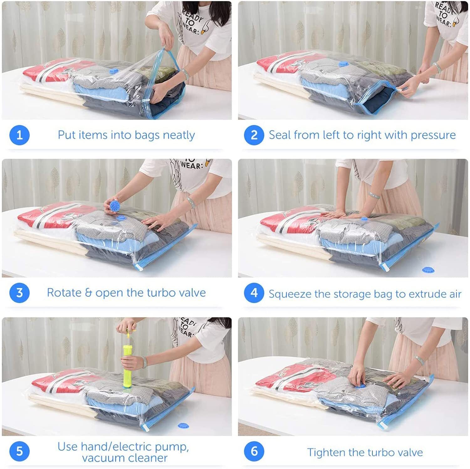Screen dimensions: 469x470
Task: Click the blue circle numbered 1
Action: pyautogui.click(x=19, y=135)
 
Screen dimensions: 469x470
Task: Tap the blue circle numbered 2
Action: pyautogui.click(x=254, y=135)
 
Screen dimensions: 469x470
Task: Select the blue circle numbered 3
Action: pyautogui.click(x=19, y=293)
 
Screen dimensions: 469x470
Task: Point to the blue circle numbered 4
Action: pyautogui.click(x=254, y=293)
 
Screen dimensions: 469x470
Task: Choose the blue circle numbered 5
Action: pyautogui.click(x=19, y=451)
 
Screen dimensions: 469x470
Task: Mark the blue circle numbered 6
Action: pyautogui.click(x=254, y=451)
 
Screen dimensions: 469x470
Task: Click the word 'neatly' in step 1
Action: pyautogui.click(x=179, y=135)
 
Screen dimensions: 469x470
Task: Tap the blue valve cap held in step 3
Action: pyautogui.click(x=114, y=206)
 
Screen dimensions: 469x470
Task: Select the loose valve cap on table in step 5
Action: pyautogui.click(x=183, y=425)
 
